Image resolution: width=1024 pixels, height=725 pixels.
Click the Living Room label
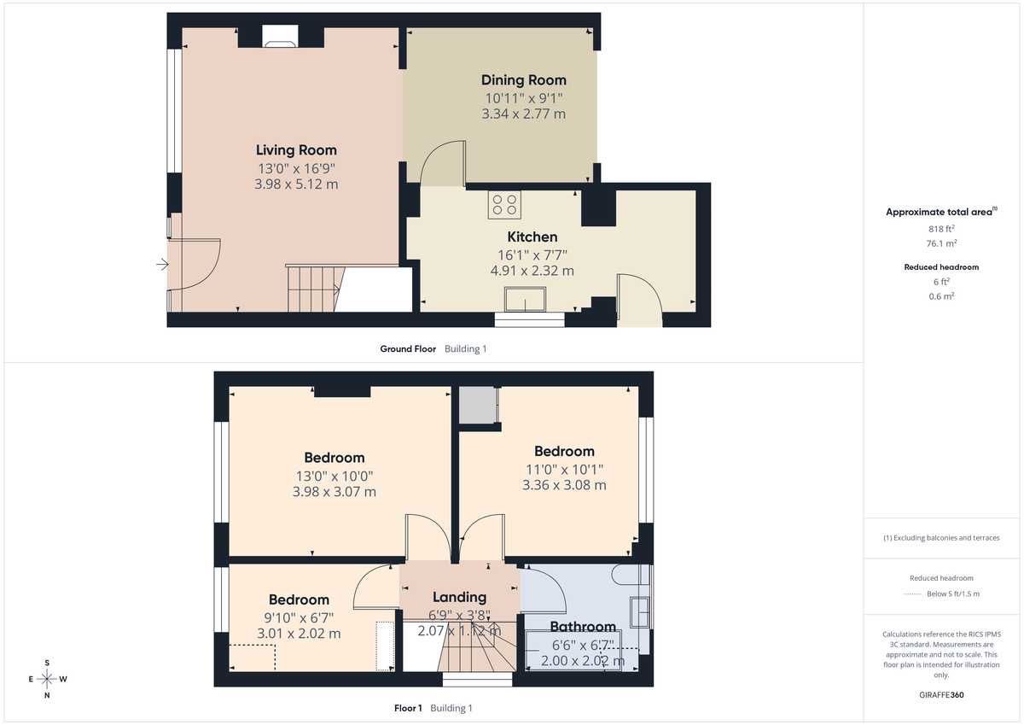296,150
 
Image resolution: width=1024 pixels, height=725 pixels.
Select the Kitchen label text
532,237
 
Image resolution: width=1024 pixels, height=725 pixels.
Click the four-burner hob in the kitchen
504,204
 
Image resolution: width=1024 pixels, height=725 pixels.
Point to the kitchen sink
526,300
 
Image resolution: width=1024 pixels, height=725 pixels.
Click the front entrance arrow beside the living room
161,266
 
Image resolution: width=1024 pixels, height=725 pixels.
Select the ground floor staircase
311,289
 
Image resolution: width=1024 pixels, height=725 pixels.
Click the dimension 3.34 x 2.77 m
523,114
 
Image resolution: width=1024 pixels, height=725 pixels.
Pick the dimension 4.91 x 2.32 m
532,271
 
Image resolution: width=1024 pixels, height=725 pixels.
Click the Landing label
459,597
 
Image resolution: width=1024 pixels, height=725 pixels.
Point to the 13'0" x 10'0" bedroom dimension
334,476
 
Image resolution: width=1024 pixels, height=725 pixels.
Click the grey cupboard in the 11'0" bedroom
477,405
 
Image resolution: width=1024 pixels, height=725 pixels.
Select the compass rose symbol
47,679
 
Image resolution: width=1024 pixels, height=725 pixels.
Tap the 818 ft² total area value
941,229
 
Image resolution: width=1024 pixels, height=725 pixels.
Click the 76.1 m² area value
941,243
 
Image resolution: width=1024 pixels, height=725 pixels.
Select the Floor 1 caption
408,708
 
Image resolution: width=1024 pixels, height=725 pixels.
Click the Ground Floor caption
408,348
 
